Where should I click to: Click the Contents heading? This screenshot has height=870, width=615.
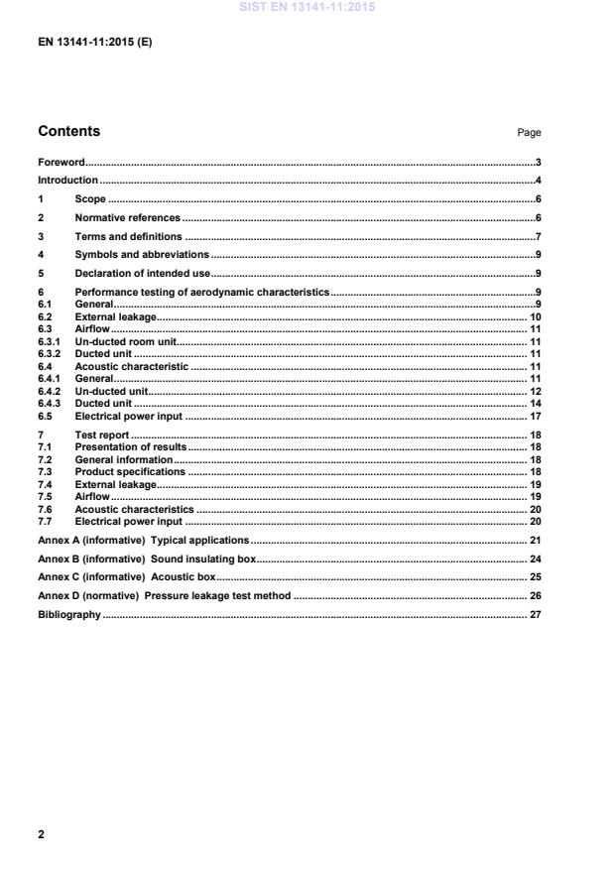pyautogui.click(x=68, y=131)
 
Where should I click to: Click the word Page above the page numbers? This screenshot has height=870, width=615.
pyautogui.click(x=529, y=133)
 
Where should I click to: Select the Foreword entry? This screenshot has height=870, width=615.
pyautogui.click(x=61, y=162)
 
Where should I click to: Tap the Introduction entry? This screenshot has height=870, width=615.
pyautogui.click(x=67, y=181)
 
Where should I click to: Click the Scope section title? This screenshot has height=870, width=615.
pyautogui.click(x=90, y=199)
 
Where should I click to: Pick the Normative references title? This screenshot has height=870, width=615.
pyautogui.click(x=128, y=217)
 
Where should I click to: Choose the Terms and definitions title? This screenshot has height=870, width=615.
pyautogui.click(x=129, y=236)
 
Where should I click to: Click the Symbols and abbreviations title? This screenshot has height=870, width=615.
pyautogui.click(x=142, y=255)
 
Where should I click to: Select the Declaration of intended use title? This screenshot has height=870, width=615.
pyautogui.click(x=142, y=273)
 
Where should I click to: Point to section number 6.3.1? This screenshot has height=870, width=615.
pyautogui.click(x=49, y=340)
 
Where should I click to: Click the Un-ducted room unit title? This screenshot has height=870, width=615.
pyautogui.click(x=126, y=340)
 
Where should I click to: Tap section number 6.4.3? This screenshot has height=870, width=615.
pyautogui.click(x=49, y=404)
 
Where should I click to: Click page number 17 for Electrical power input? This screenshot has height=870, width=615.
pyautogui.click(x=535, y=417)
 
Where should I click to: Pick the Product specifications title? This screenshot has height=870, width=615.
pyautogui.click(x=130, y=472)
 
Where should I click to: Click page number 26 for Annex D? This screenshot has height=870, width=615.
pyautogui.click(x=535, y=596)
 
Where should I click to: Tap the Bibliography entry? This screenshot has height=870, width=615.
pyautogui.click(x=69, y=615)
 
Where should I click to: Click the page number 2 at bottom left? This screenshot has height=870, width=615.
pyautogui.click(x=42, y=834)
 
